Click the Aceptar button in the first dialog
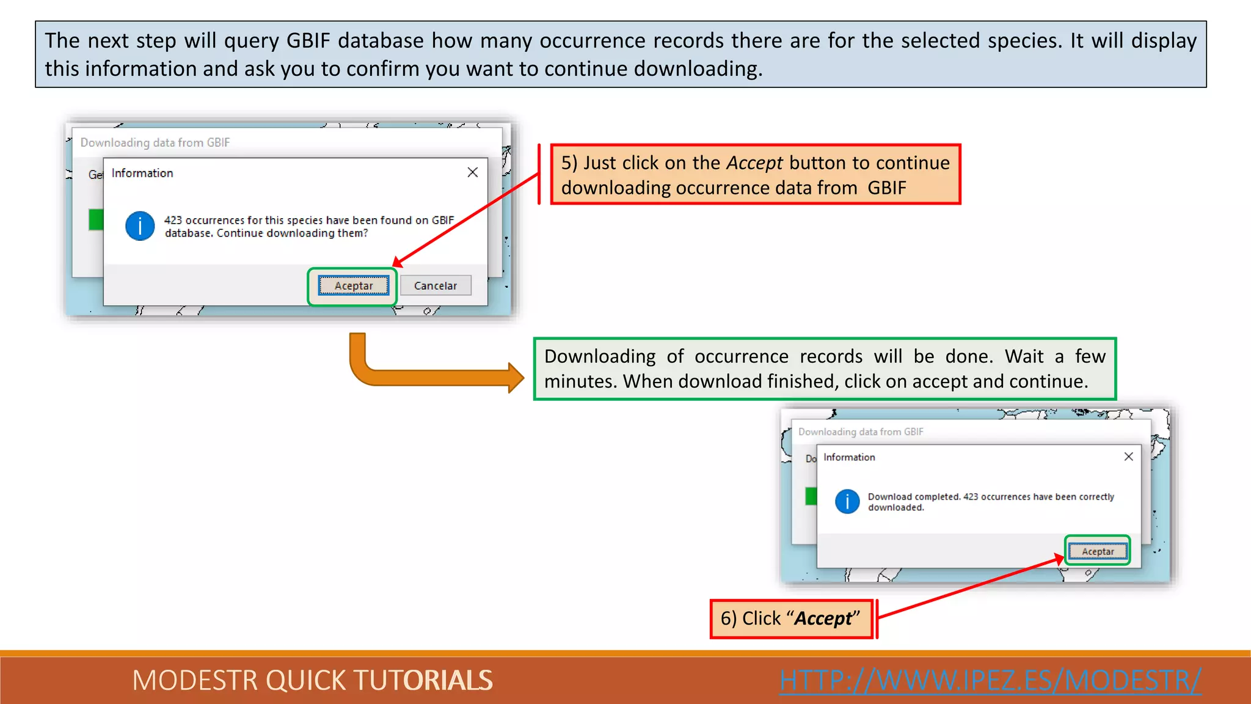point(353,285)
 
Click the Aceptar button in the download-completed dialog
point(1098,551)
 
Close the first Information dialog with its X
point(472,172)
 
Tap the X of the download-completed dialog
point(1128,457)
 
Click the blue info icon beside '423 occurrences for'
point(140,226)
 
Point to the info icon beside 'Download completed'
point(847,502)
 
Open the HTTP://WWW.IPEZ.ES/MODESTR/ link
point(990,680)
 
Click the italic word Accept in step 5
point(754,163)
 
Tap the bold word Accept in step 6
point(823,618)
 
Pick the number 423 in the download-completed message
point(971,497)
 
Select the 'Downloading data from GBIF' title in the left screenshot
point(155,142)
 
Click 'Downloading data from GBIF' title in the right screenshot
point(861,431)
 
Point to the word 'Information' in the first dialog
point(142,173)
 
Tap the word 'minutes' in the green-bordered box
point(580,381)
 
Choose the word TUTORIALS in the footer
point(423,680)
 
